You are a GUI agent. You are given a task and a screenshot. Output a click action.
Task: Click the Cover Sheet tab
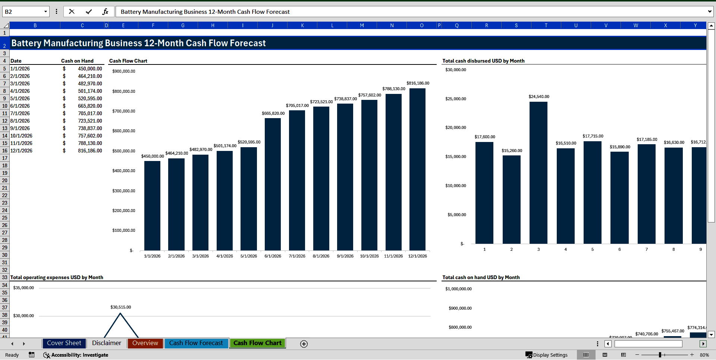[64, 343]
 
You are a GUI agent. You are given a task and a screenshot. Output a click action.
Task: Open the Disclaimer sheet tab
[106, 343]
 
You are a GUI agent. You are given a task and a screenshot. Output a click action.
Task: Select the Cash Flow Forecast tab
[196, 343]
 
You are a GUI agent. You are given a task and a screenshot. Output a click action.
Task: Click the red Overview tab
[145, 343]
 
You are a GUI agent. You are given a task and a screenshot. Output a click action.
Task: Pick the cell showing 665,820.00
[90, 106]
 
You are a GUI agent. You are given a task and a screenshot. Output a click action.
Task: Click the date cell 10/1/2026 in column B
[21, 136]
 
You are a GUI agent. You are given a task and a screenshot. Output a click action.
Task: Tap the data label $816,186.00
[418, 83]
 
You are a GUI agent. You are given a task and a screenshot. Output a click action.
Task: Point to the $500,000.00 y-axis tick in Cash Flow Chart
[124, 151]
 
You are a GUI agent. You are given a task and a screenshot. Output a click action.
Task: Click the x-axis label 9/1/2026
[345, 256]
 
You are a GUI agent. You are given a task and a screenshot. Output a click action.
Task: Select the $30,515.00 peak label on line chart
[120, 307]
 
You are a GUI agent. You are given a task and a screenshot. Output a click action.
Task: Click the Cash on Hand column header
[77, 61]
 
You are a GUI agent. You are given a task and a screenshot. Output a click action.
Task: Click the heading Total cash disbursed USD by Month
[483, 61]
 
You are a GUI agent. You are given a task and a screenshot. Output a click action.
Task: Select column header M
[362, 25]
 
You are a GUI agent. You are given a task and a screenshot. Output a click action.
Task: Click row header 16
[4, 151]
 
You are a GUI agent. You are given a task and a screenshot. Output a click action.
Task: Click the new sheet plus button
[304, 344]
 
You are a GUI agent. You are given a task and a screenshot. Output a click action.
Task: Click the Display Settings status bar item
[547, 355]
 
